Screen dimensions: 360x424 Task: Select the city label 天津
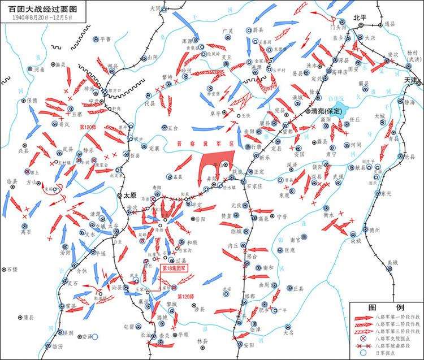click(411, 81)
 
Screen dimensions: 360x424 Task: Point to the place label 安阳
click(249, 345)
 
